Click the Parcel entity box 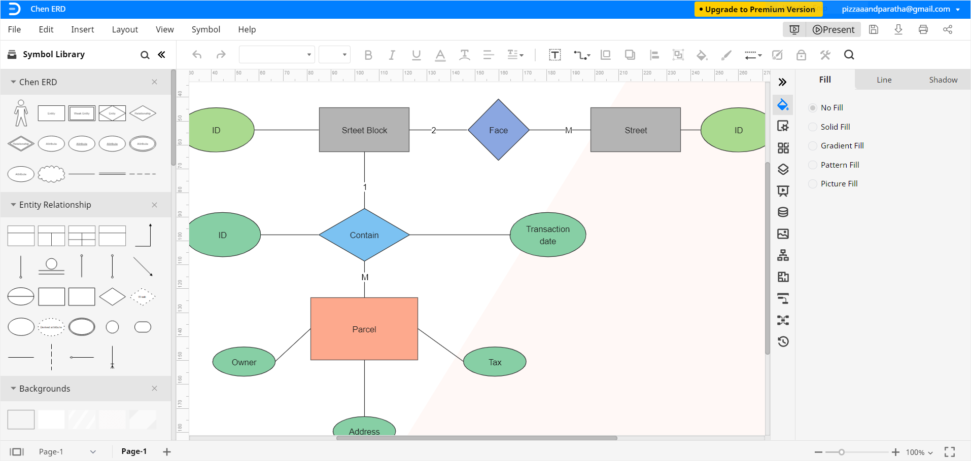(364, 329)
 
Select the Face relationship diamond (498, 130)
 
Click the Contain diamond (364, 235)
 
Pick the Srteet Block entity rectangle (364, 130)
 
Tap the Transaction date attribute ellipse (547, 235)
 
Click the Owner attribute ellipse (244, 362)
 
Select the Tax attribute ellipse (495, 362)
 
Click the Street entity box (635, 130)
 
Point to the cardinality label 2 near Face (433, 130)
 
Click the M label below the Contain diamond (365, 277)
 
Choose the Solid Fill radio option (813, 127)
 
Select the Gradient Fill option (813, 146)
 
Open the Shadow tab (943, 80)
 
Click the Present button (834, 29)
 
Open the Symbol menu (205, 29)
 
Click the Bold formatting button (368, 55)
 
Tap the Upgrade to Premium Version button (758, 9)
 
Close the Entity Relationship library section (154, 205)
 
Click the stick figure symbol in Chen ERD (21, 112)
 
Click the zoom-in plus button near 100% (895, 452)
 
